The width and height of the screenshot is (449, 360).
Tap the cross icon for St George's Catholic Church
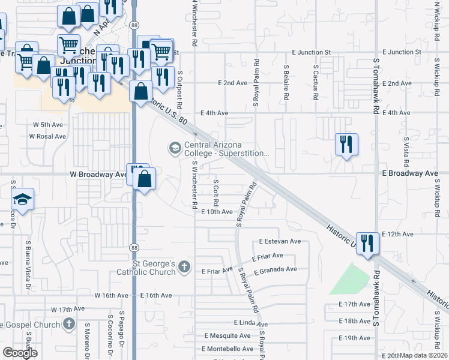[184, 266]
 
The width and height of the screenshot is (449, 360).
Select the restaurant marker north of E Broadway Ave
[346, 145]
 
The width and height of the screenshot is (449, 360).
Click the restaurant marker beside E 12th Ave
[367, 244]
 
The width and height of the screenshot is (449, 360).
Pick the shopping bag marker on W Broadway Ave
[145, 179]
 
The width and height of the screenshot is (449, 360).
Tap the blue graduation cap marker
[23, 200]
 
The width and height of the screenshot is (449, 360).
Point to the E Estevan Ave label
[280, 241]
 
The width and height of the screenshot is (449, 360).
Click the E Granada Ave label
[275, 270]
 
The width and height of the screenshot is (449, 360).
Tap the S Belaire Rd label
[286, 82]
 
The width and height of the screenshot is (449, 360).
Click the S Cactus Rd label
[315, 83]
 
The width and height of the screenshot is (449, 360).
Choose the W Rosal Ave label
[47, 136]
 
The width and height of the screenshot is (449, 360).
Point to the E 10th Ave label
[217, 212]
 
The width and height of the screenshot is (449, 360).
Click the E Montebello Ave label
[228, 349]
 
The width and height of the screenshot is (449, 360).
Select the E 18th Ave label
[355, 321]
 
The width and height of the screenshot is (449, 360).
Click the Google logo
[20, 353]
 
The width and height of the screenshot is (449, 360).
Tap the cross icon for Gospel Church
[69, 325]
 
